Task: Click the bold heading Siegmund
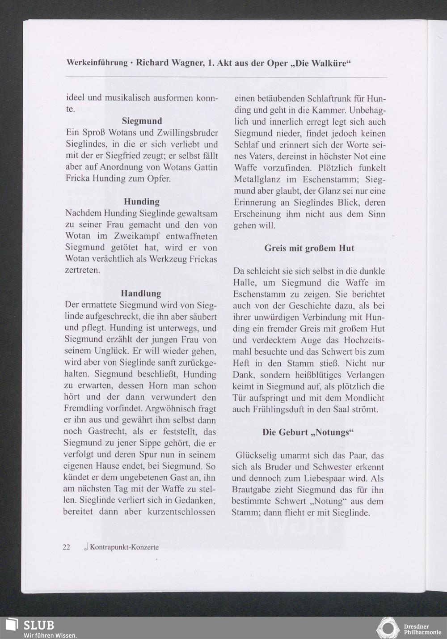(142, 121)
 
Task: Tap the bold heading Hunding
(142, 202)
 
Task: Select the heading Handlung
(141, 294)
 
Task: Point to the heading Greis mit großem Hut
(309, 248)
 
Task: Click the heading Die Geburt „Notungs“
(308, 432)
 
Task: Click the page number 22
(67, 547)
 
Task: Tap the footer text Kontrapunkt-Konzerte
(124, 547)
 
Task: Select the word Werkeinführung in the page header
(97, 63)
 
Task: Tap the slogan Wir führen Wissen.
(50, 635)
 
